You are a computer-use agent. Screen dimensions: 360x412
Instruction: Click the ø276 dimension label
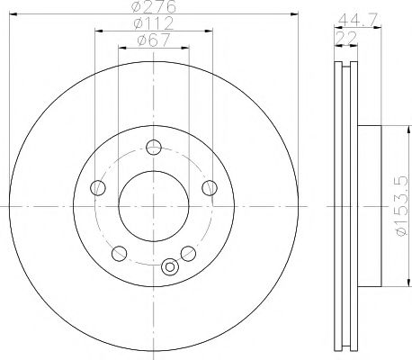click(154, 7)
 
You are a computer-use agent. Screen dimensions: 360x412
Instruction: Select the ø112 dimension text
click(154, 23)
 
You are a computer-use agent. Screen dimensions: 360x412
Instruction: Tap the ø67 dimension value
click(154, 40)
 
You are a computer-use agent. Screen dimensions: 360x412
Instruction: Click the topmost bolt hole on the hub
click(154, 148)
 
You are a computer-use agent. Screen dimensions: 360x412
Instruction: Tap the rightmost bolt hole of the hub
click(210, 188)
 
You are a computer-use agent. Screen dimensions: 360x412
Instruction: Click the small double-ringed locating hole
click(171, 265)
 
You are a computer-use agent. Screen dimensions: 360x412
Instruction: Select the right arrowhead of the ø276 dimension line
click(294, 13)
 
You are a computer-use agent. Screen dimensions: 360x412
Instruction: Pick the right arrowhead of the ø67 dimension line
click(186, 46)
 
